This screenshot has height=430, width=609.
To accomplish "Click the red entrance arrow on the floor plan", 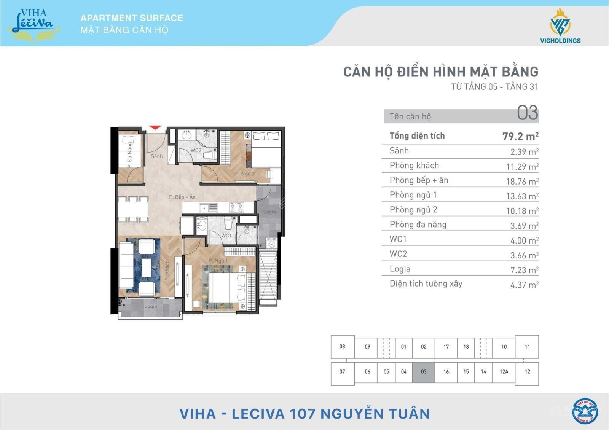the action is pyautogui.click(x=155, y=127).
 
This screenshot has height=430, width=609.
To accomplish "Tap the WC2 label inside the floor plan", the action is pyautogui.click(x=196, y=150).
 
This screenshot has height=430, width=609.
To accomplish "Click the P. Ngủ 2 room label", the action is pyautogui.click(x=245, y=174).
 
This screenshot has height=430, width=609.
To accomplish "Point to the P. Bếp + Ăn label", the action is pyautogui.click(x=182, y=197).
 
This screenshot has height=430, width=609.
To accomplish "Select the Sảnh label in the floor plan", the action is pyautogui.click(x=157, y=156).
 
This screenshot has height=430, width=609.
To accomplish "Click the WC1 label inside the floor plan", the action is pyautogui.click(x=226, y=236).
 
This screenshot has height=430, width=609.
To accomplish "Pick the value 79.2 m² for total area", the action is pyautogui.click(x=520, y=136).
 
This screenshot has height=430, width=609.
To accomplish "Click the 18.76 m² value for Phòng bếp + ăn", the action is pyautogui.click(x=522, y=181).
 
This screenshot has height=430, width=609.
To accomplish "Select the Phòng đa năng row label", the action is pyautogui.click(x=418, y=225).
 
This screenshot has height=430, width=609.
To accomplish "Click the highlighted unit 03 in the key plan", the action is pyautogui.click(x=424, y=371).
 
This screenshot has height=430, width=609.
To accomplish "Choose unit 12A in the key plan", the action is pyautogui.click(x=504, y=371).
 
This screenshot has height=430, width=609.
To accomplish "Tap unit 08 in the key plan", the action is pyautogui.click(x=342, y=347).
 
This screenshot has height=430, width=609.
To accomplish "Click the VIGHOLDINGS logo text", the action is pyautogui.click(x=560, y=41).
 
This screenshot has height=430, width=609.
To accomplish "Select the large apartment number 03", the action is pyautogui.click(x=528, y=113).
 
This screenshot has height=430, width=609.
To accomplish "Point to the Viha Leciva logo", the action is pyautogui.click(x=33, y=24).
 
